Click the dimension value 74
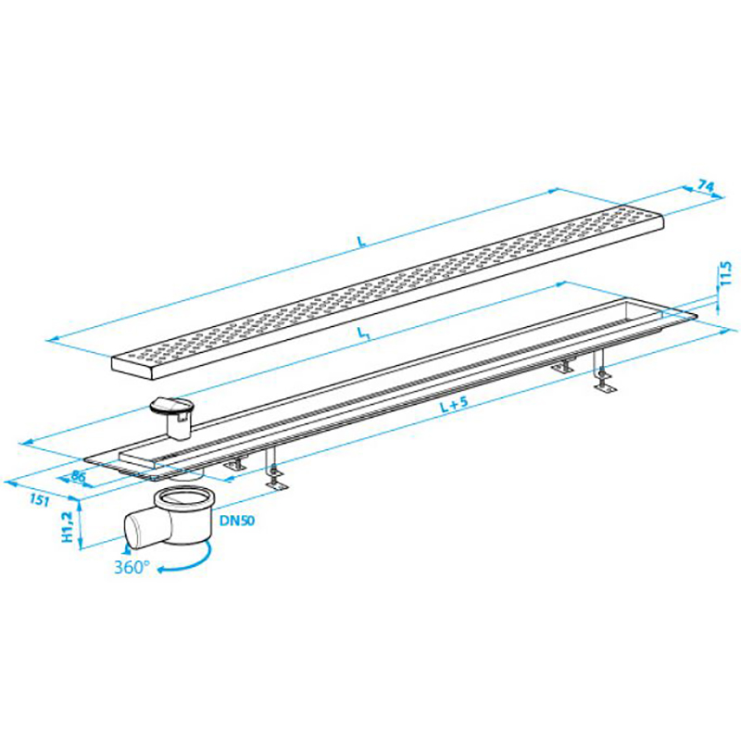[706, 186]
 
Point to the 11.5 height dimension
[726, 273]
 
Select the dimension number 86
[79, 476]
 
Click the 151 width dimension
[40, 499]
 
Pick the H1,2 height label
[68, 526]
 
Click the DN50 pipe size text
[237, 521]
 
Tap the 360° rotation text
[132, 567]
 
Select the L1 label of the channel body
[363, 334]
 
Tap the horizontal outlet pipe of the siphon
[142, 529]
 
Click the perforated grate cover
[387, 288]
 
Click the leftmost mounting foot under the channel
[235, 464]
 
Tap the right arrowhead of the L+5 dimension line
[729, 333]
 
